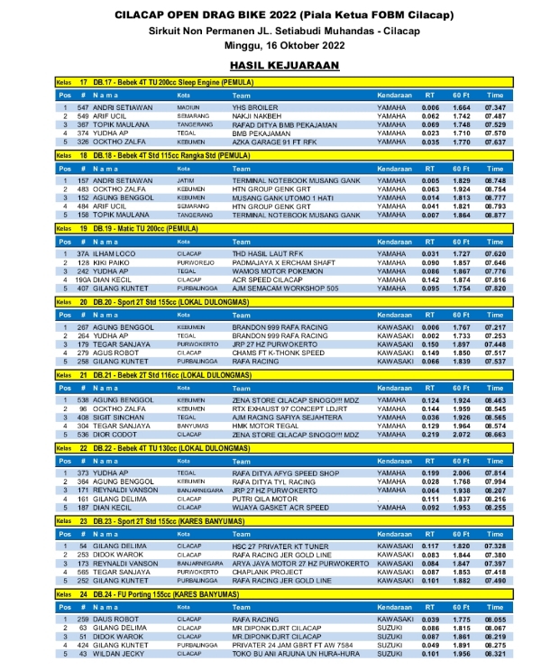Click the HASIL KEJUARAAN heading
coord(270,66)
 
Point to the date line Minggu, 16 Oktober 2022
coord(270,42)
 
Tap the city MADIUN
coord(188,107)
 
